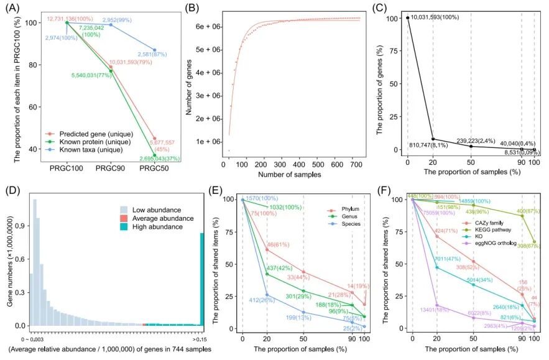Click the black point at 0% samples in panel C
point(407,17)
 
